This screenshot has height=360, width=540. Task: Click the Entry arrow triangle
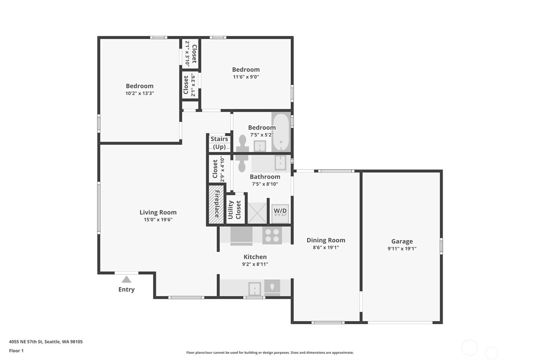point(126,279)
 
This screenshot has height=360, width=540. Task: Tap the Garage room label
point(402,241)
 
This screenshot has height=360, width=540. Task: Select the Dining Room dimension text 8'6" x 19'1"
point(326,247)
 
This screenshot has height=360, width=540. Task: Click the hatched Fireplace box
point(216,204)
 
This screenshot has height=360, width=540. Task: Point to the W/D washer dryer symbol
point(280,213)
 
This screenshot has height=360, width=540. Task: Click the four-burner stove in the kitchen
point(272,235)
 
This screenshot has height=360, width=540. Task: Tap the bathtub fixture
point(281,132)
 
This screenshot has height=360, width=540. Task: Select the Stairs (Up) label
point(219,143)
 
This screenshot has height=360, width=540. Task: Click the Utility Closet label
point(234,209)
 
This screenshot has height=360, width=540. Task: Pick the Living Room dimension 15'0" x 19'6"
point(158,220)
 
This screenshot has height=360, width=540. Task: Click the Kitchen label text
point(255,257)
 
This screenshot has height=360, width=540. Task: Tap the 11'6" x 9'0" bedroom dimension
point(246,77)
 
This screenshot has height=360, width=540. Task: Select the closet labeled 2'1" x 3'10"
point(190,54)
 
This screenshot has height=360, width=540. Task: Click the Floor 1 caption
point(16,351)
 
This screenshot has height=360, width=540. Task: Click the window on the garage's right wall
point(441,246)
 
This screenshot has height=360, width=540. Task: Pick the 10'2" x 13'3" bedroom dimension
point(140,93)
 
